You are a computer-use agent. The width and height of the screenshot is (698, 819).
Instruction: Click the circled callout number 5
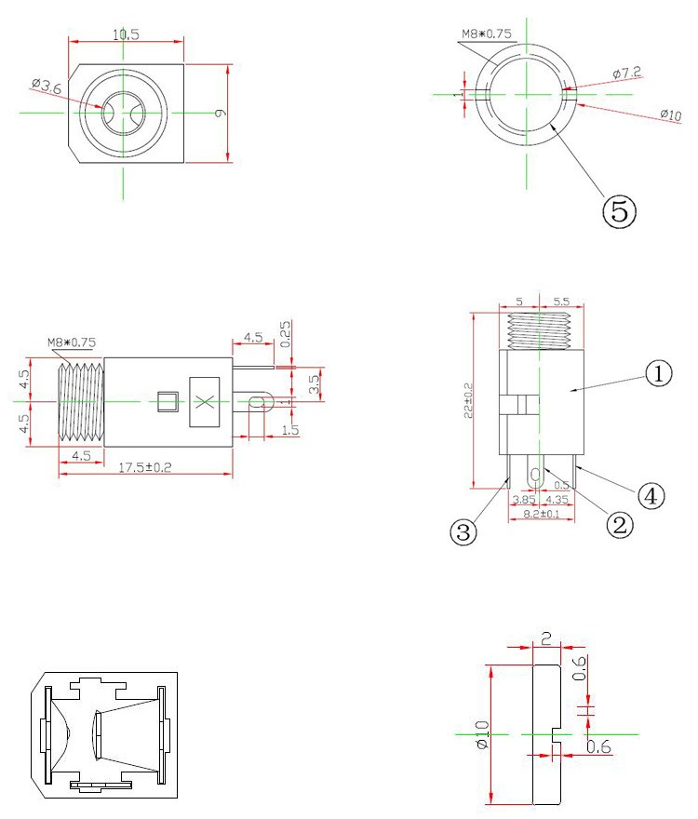point(619,210)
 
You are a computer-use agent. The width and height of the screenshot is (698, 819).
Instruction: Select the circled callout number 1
point(658,373)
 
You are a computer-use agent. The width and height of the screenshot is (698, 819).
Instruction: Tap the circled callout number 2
point(620,524)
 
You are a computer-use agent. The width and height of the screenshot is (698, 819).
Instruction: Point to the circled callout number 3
point(463,532)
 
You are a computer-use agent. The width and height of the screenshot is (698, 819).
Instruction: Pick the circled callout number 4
point(651,495)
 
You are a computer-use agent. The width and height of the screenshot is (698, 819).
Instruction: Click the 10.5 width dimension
point(126,34)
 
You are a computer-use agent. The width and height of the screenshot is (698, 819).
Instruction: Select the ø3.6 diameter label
point(47,86)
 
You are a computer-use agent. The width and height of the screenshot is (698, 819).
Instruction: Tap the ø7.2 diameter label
point(627,73)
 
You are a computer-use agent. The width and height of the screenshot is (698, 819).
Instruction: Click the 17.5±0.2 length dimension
point(145,467)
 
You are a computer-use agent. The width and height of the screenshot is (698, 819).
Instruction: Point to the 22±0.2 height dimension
point(468,400)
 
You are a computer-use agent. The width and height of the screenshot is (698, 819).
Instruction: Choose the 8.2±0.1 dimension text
point(542,514)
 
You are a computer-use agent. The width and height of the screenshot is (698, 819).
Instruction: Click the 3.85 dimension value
point(524,500)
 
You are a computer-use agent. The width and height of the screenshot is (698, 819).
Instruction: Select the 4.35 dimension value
point(557,500)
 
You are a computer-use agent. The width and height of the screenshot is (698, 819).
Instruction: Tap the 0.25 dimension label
point(286,334)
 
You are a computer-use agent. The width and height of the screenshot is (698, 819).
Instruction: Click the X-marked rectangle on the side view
point(204,402)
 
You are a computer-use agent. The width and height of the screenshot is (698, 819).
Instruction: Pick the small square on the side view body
point(168,401)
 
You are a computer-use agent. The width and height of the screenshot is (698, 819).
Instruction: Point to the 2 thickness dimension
point(546,638)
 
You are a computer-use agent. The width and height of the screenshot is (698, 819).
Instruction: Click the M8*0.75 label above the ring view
point(487,34)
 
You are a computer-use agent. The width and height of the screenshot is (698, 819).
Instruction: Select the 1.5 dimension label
point(290,430)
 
